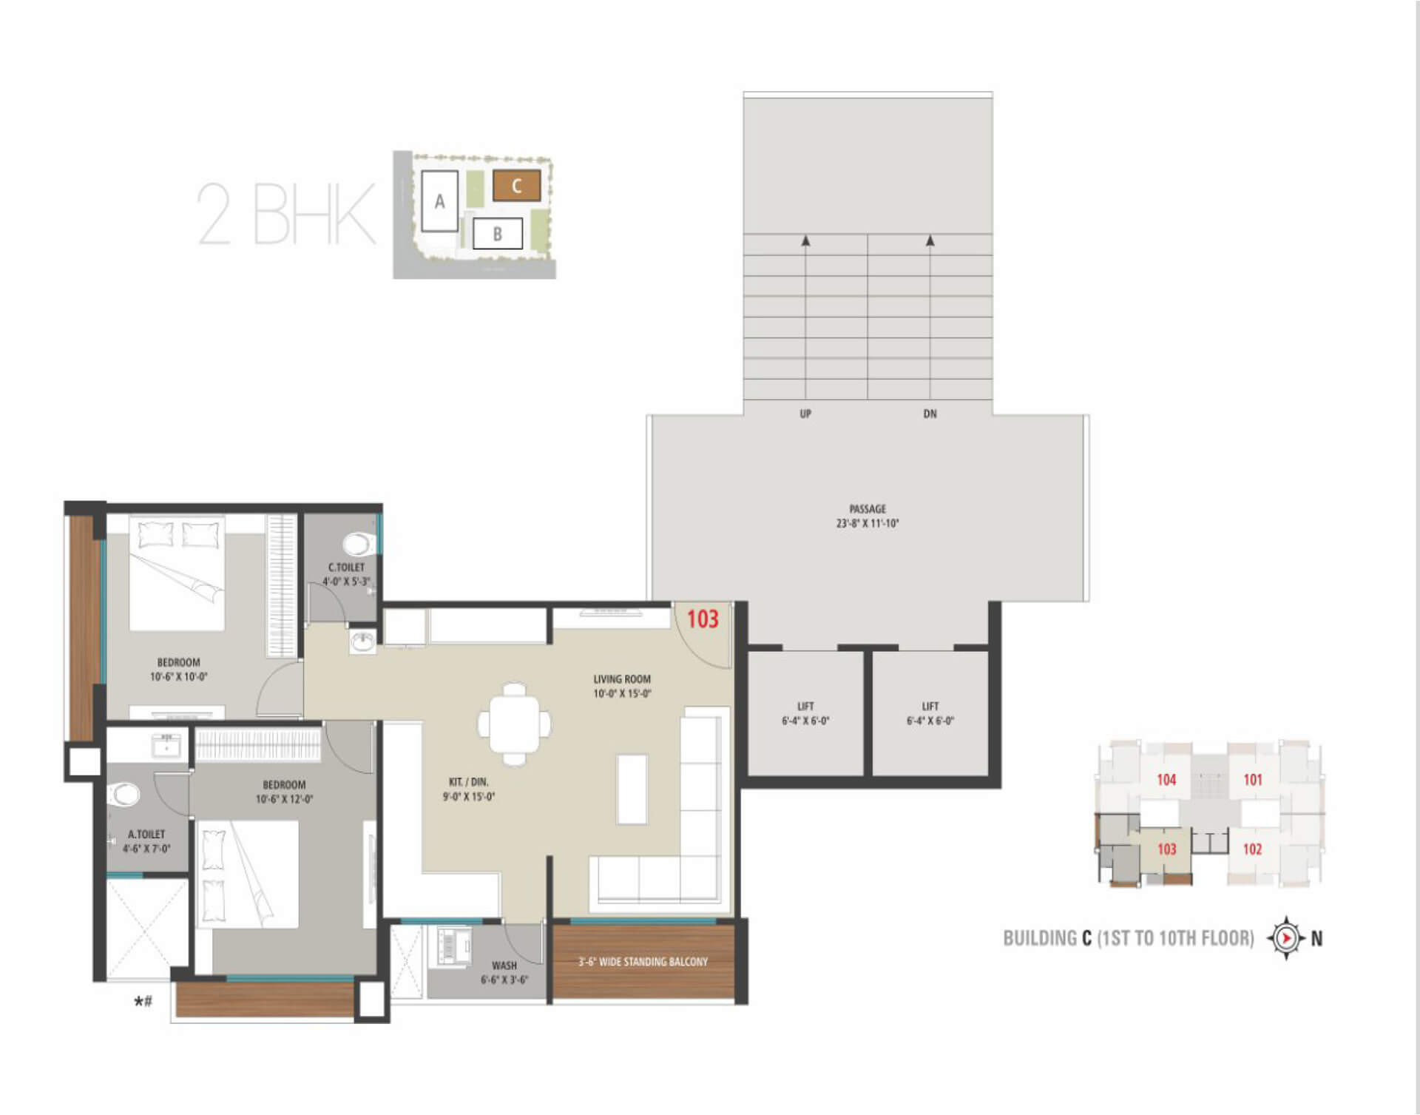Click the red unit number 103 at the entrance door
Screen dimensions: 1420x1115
tap(703, 619)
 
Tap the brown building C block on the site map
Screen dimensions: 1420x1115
tap(517, 186)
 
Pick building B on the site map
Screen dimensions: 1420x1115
tap(498, 234)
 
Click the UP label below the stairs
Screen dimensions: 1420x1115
tap(805, 414)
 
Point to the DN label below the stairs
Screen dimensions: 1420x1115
tap(930, 414)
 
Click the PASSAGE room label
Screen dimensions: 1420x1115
tap(868, 509)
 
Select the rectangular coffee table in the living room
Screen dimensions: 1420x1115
tap(632, 789)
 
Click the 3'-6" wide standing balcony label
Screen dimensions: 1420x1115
tap(643, 962)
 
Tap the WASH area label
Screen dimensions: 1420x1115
tap(504, 966)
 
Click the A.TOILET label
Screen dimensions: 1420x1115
tap(146, 835)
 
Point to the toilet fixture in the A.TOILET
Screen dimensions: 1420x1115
tap(124, 795)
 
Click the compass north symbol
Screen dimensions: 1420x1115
tap(1287, 938)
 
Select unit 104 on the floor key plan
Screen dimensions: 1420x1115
tap(1166, 780)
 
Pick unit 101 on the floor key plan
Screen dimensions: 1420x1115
tap(1253, 780)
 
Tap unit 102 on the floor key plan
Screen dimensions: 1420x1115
tap(1252, 849)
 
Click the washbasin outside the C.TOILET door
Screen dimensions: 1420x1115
tap(362, 641)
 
